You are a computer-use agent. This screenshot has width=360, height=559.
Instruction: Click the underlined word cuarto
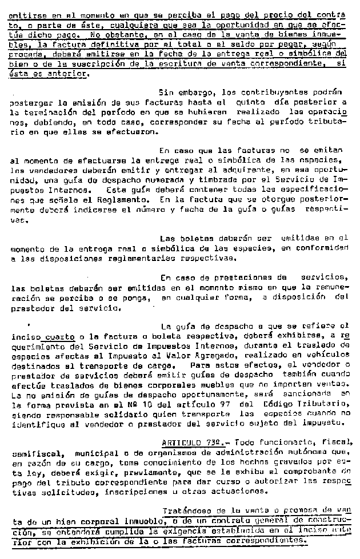(58, 337)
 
